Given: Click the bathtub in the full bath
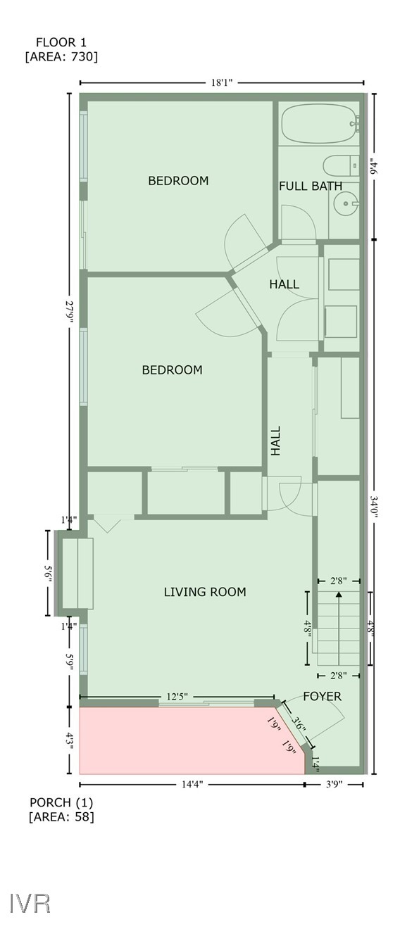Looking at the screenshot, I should (317, 124).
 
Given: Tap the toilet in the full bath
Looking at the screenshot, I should (339, 167).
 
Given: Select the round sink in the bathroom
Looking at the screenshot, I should (345, 206).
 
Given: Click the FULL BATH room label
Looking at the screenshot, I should (311, 187).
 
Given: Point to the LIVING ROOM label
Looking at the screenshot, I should (205, 592).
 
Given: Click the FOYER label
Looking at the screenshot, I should (322, 697).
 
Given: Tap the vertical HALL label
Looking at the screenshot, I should (276, 441).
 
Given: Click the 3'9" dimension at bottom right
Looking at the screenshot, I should (334, 783).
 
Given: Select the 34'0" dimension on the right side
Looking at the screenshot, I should (374, 507).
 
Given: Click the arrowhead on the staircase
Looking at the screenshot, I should (339, 595).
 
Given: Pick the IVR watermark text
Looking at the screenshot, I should (30, 903).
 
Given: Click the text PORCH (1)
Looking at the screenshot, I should (61, 802).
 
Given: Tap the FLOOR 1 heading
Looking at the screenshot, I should (61, 42).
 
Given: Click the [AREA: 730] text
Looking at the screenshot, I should (61, 57).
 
